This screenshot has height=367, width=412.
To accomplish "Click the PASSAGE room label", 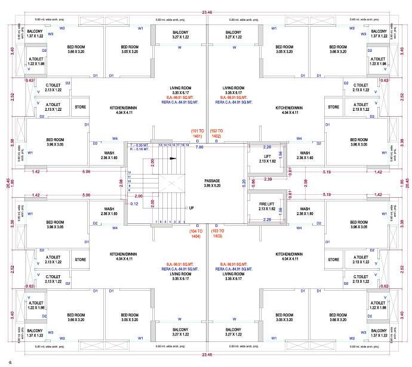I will (212, 179).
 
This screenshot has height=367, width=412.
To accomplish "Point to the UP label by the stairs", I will (191, 207).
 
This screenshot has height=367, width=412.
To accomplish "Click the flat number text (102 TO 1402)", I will (216, 133).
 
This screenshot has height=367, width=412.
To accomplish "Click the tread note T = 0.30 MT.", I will (140, 145).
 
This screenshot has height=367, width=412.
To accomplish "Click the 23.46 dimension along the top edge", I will (207, 11).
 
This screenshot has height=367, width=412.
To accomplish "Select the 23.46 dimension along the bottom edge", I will (207, 355).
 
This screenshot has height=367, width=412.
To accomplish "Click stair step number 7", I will (156, 222).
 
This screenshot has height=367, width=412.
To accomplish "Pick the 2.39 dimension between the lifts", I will (268, 179).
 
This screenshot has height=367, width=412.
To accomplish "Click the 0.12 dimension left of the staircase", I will (134, 204).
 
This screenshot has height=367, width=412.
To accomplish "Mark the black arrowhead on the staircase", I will (173, 159).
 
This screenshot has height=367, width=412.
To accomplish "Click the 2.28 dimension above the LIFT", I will (268, 146).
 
